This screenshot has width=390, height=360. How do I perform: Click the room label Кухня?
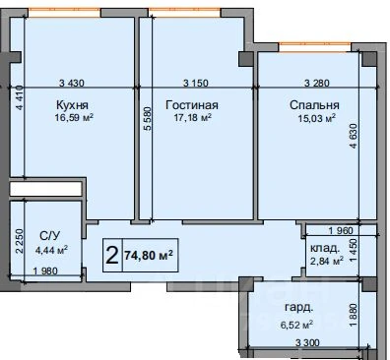coord(72,105)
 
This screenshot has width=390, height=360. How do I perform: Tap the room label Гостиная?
coord(192,105)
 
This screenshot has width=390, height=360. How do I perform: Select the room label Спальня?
coord(314,105)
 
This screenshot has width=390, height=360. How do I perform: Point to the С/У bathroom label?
coord(50,235)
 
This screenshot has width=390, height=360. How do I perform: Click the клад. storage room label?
coord(325,248)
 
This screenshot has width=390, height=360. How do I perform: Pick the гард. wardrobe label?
coord(298,308)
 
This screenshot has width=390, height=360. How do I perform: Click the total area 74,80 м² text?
coord(149,255)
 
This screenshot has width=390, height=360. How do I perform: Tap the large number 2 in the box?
coord(112,256)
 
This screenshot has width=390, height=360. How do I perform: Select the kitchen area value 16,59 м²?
coord(74,117)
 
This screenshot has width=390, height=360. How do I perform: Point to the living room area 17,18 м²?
coord(192,117)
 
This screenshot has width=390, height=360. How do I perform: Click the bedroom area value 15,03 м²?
coord(316,118)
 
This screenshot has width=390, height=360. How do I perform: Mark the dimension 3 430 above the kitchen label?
coord(72,83)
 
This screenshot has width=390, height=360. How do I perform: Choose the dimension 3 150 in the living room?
coord(196,83)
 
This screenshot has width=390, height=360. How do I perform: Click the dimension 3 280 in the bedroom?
coord(317,83)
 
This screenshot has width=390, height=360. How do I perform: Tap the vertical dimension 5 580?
coord(148,119)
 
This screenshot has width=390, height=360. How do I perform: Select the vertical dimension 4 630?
coord(353,136)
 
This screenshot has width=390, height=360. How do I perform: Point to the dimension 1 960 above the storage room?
coord(341,230)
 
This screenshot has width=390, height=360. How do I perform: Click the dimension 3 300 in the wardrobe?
coord(307,343)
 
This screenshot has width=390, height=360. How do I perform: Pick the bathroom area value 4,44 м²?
coord(51,250)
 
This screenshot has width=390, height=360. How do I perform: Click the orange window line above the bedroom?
coord(314,42)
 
